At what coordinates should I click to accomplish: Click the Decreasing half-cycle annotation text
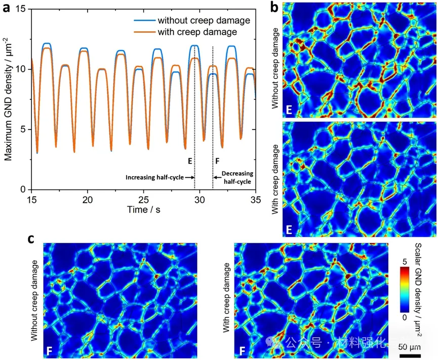[235, 177]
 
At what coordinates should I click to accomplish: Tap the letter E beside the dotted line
[189, 161]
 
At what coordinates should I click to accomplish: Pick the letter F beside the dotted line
[217, 161]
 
